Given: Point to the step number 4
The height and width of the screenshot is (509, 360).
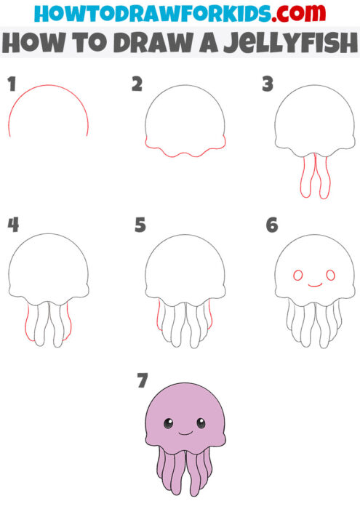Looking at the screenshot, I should click(x=12, y=225).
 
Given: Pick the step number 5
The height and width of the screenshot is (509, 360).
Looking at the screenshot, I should click(x=140, y=225).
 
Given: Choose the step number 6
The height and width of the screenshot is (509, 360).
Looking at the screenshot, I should click(x=271, y=225).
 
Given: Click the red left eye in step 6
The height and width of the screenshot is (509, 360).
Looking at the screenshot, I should click(x=297, y=276).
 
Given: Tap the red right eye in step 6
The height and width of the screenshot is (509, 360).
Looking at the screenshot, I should click(x=330, y=276).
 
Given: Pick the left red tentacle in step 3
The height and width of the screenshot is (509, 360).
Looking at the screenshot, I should click(x=303, y=177).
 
